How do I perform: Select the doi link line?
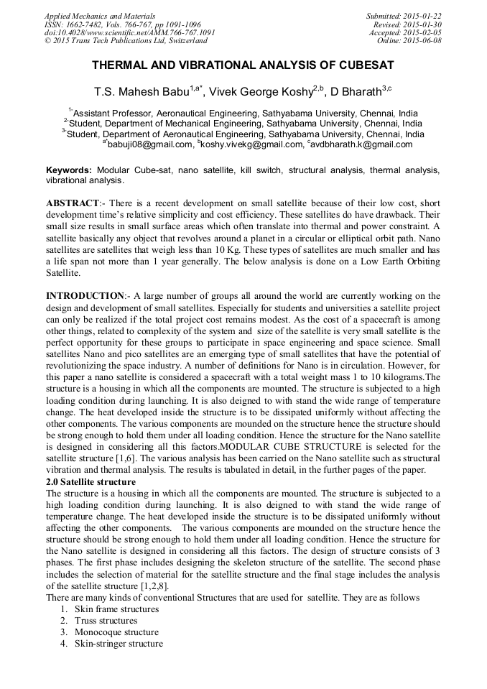[129, 32]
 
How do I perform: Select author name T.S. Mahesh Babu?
[142, 92]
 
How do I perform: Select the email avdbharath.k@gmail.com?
[361, 144]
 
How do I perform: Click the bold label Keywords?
[68, 170]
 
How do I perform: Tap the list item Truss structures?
[106, 621]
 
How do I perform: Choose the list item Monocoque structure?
[116, 632]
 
